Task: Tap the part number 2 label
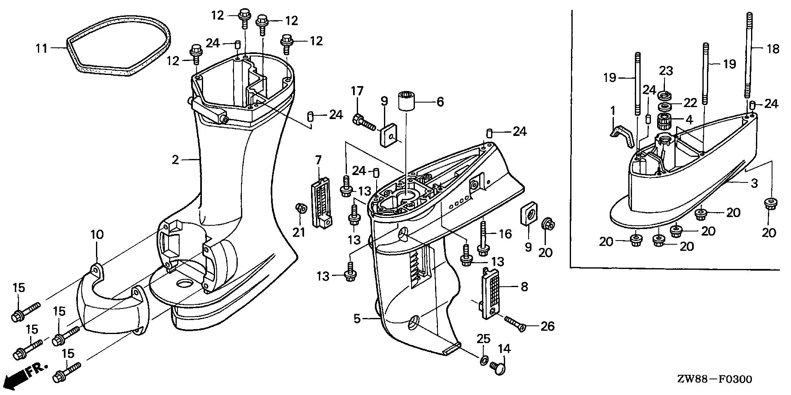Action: click(x=176, y=159)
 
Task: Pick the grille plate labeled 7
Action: click(x=322, y=202)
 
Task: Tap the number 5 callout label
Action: click(x=357, y=318)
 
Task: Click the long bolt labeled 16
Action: click(x=482, y=239)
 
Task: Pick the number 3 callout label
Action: click(x=754, y=183)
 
